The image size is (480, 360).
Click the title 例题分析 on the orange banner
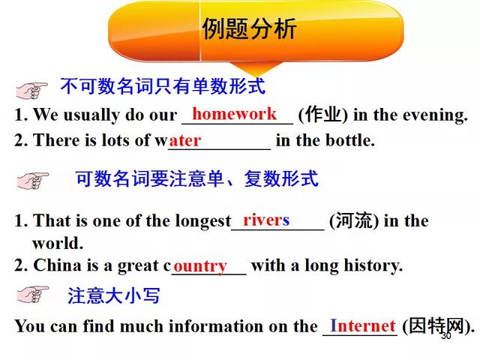[249, 28]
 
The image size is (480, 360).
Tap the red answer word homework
[235, 114]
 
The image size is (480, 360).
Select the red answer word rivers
[266, 220]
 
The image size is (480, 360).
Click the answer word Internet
[363, 325]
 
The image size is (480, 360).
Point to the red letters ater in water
[185, 141]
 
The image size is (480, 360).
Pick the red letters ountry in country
[200, 267]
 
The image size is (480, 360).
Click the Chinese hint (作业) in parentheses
[323, 115]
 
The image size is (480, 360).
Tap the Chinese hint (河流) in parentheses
[354, 220]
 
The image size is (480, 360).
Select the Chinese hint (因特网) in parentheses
[438, 326]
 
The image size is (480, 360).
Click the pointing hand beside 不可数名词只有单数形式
[31, 90]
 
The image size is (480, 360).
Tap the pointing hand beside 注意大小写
[33, 295]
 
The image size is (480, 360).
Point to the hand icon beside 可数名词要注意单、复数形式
[33, 181]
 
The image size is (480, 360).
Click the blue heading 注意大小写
[114, 295]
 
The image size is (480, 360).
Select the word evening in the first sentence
[435, 115]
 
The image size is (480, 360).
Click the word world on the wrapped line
[58, 243]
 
